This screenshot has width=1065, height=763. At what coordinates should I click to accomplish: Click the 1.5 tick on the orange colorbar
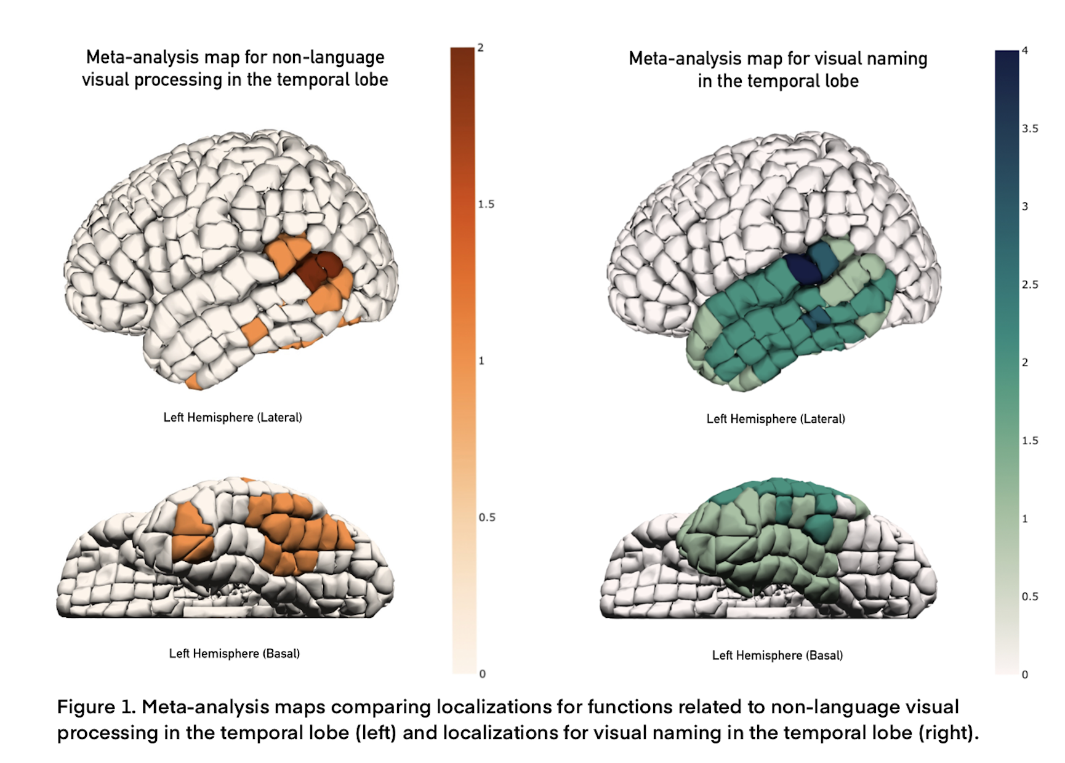[x=486, y=204]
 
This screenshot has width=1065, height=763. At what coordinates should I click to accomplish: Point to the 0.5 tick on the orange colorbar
[x=486, y=517]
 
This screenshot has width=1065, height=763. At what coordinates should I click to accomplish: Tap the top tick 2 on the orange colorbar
[x=480, y=48]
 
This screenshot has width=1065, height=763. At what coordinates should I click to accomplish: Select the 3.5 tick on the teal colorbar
[x=1030, y=129]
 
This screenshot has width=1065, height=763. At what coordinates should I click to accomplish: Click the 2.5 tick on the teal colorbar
[x=1030, y=284]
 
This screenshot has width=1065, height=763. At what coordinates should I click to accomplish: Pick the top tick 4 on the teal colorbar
[x=1025, y=50]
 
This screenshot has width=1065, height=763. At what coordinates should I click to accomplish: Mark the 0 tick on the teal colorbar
[x=1025, y=674]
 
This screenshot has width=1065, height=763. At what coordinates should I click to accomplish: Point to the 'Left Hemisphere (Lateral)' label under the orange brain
[x=233, y=417]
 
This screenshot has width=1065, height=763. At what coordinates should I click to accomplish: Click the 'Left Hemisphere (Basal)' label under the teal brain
[x=777, y=655]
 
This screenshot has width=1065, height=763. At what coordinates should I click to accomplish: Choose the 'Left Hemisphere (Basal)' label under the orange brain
[x=235, y=653]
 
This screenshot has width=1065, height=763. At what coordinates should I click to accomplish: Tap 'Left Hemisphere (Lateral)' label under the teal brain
[x=776, y=419]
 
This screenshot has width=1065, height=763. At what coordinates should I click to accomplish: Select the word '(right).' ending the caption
[x=948, y=733]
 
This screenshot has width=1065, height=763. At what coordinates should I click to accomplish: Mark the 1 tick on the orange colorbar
[x=481, y=361]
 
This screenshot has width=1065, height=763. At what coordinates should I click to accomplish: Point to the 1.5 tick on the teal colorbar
[x=1030, y=441]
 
